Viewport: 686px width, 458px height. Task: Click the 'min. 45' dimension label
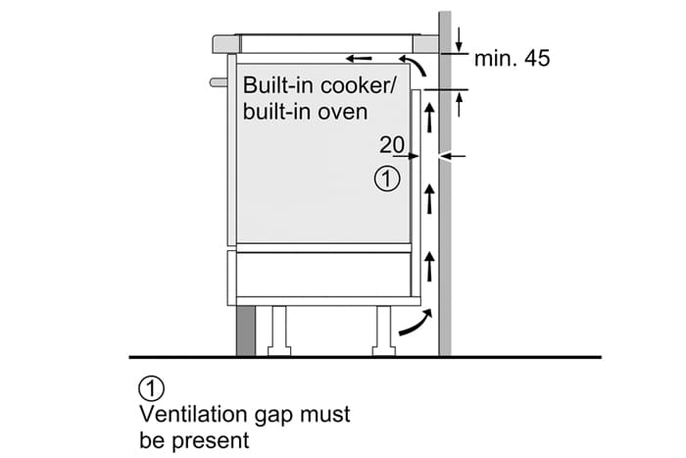[512, 59]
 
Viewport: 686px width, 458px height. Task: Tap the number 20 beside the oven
[391, 145]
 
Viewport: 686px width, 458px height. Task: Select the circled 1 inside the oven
[388, 179]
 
